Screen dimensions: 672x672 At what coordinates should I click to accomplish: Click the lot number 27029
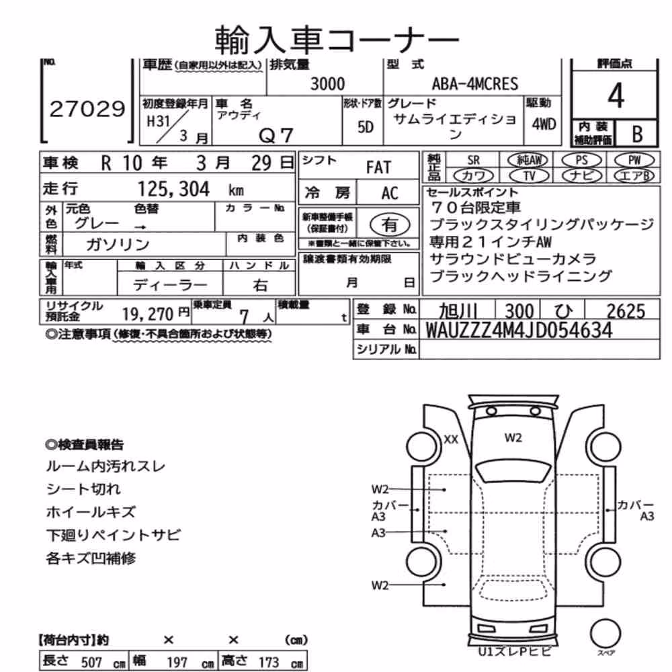point(87,109)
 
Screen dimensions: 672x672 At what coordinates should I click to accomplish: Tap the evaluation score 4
point(616,95)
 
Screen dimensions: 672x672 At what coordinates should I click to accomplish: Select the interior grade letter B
point(637,134)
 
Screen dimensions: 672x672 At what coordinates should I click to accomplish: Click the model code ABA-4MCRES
point(475,83)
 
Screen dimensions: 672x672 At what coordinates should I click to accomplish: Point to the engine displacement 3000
point(327,83)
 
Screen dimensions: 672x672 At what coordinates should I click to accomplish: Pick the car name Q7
point(276,136)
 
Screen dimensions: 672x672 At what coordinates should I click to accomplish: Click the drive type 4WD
point(544,124)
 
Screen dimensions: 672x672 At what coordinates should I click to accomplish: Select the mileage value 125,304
point(173,189)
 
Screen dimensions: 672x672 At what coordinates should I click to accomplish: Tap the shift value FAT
point(378,167)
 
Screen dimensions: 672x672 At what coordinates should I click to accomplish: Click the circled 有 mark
point(389,224)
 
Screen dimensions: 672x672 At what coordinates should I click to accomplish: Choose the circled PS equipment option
point(581,161)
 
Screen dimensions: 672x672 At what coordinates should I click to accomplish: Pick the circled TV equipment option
point(530,175)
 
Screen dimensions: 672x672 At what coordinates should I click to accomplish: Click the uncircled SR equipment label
point(474,161)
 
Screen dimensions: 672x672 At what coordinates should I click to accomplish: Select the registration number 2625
point(626,311)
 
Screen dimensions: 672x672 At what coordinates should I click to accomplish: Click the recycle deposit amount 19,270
point(148,314)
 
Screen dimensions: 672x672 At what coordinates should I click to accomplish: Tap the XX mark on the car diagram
point(450,439)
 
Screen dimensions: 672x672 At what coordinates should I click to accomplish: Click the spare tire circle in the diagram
point(605,634)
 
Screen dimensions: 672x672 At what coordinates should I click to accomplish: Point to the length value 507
point(91,662)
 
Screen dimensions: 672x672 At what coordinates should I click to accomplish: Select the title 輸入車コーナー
point(337,40)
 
